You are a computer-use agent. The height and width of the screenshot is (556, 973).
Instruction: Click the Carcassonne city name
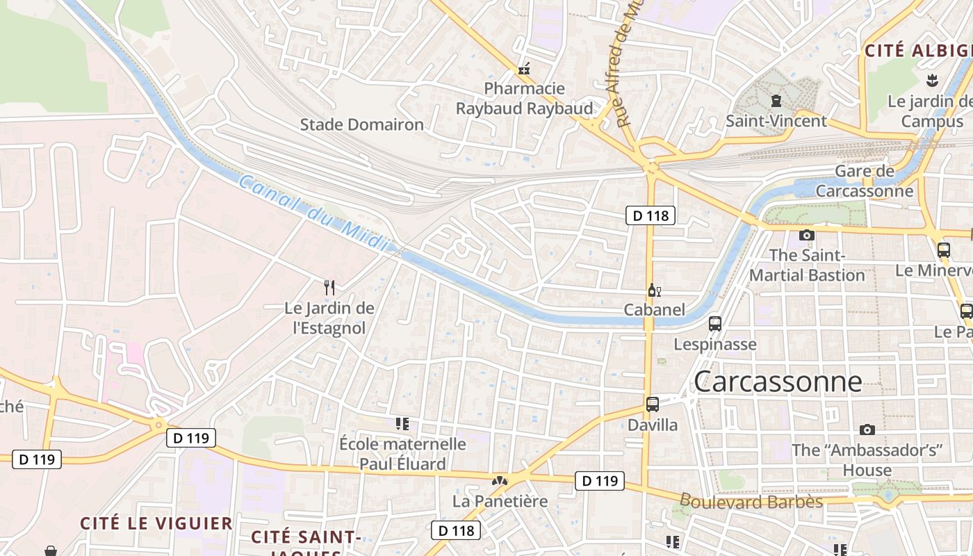(778, 382)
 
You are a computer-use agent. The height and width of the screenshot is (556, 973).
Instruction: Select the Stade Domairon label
(361, 125)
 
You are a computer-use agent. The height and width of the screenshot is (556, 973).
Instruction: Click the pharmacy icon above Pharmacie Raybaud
(524, 69)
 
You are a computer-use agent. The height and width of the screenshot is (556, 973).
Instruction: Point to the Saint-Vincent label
(776, 121)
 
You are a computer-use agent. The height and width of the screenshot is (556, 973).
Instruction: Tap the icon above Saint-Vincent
(776, 101)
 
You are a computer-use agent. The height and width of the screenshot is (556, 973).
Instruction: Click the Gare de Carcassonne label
(865, 181)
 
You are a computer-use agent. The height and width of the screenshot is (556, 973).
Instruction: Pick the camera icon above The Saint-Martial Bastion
(806, 236)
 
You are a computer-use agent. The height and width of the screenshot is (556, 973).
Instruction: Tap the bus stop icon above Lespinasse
(714, 324)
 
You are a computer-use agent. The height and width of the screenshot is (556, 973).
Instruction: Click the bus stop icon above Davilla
(652, 404)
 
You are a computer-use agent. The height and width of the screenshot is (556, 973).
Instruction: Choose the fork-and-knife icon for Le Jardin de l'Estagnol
(329, 288)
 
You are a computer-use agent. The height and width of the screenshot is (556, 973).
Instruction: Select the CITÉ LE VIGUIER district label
(156, 523)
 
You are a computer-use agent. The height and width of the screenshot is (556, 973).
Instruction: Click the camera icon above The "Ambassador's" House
(867, 430)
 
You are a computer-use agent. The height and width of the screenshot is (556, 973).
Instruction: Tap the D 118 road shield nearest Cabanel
(651, 215)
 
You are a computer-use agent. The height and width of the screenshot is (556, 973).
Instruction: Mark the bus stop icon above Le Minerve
(943, 250)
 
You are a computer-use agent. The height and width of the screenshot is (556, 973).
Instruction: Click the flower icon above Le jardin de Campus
(932, 81)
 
